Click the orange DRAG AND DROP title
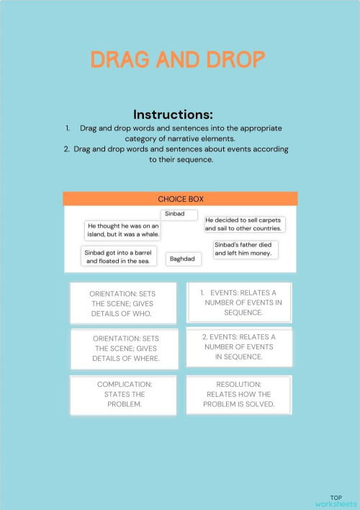click(177, 60)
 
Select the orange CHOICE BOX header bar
click(180, 199)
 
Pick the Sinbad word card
click(179, 214)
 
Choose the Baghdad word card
click(184, 259)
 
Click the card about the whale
click(122, 231)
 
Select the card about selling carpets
click(243, 224)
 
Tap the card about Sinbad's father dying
click(245, 249)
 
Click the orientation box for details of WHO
click(122, 304)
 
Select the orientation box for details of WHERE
click(125, 348)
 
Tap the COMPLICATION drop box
click(124, 394)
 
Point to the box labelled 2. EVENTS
click(238, 346)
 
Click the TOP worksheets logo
click(335, 501)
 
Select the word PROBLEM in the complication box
click(124, 404)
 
